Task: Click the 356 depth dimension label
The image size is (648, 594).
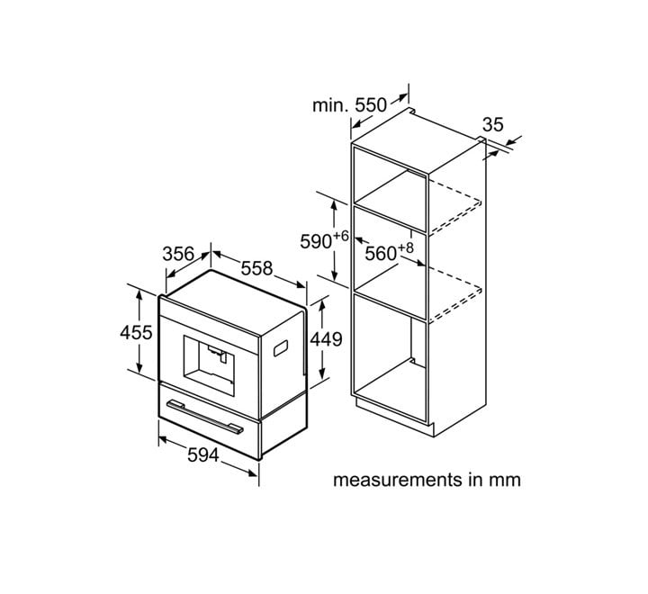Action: click(178, 254)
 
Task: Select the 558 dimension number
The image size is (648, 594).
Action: click(257, 268)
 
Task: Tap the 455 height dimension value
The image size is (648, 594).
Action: click(136, 332)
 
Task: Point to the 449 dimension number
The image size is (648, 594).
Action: click(326, 339)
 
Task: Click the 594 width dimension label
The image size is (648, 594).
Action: click(203, 455)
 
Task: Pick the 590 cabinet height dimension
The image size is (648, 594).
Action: click(316, 241)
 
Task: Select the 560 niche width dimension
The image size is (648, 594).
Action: click(381, 254)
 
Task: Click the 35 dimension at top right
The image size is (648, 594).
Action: click(493, 124)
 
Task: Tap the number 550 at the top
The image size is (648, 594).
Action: click(371, 105)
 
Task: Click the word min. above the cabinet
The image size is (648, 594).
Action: click(331, 106)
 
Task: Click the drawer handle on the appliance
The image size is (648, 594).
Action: click(204, 417)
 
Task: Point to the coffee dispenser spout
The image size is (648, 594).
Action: click(218, 355)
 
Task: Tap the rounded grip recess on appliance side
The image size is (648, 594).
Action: click(281, 348)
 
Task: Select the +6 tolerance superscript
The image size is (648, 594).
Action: click(340, 236)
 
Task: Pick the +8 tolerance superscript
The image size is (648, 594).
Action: click(405, 248)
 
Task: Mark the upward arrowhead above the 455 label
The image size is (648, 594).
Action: click(139, 294)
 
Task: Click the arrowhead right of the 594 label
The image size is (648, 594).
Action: click(252, 472)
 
